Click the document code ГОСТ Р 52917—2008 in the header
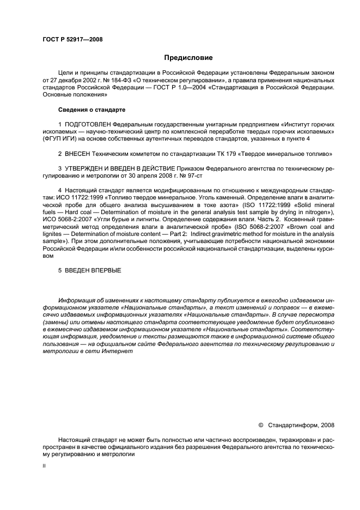tap(72, 39)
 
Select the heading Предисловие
tap(188, 58)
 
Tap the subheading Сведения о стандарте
tap(92, 110)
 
